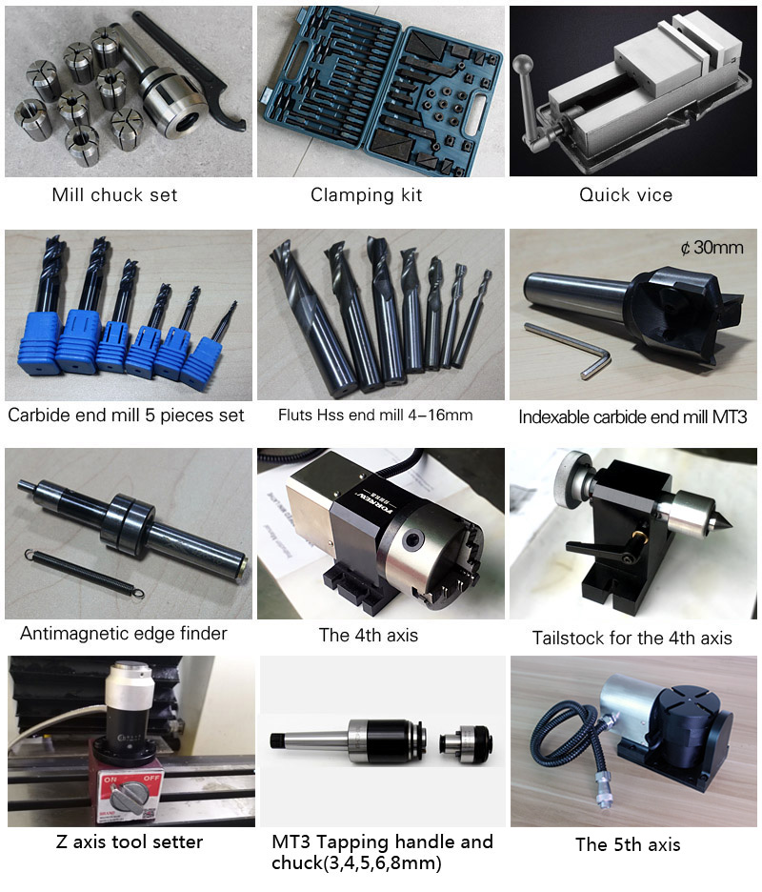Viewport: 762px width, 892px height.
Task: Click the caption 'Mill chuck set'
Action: point(114,195)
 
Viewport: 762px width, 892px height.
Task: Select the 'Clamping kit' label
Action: point(367,195)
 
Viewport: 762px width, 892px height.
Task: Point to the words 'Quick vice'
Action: point(626,195)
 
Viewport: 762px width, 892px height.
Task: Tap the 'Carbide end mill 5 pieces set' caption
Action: point(126,416)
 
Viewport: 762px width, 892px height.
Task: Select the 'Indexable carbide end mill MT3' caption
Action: point(632,416)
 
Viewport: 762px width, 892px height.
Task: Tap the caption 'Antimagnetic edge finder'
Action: point(124,633)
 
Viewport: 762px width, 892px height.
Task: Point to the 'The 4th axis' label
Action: point(369,636)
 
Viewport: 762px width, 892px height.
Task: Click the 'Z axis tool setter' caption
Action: point(129,841)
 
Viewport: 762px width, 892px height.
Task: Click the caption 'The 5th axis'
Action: point(628,844)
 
